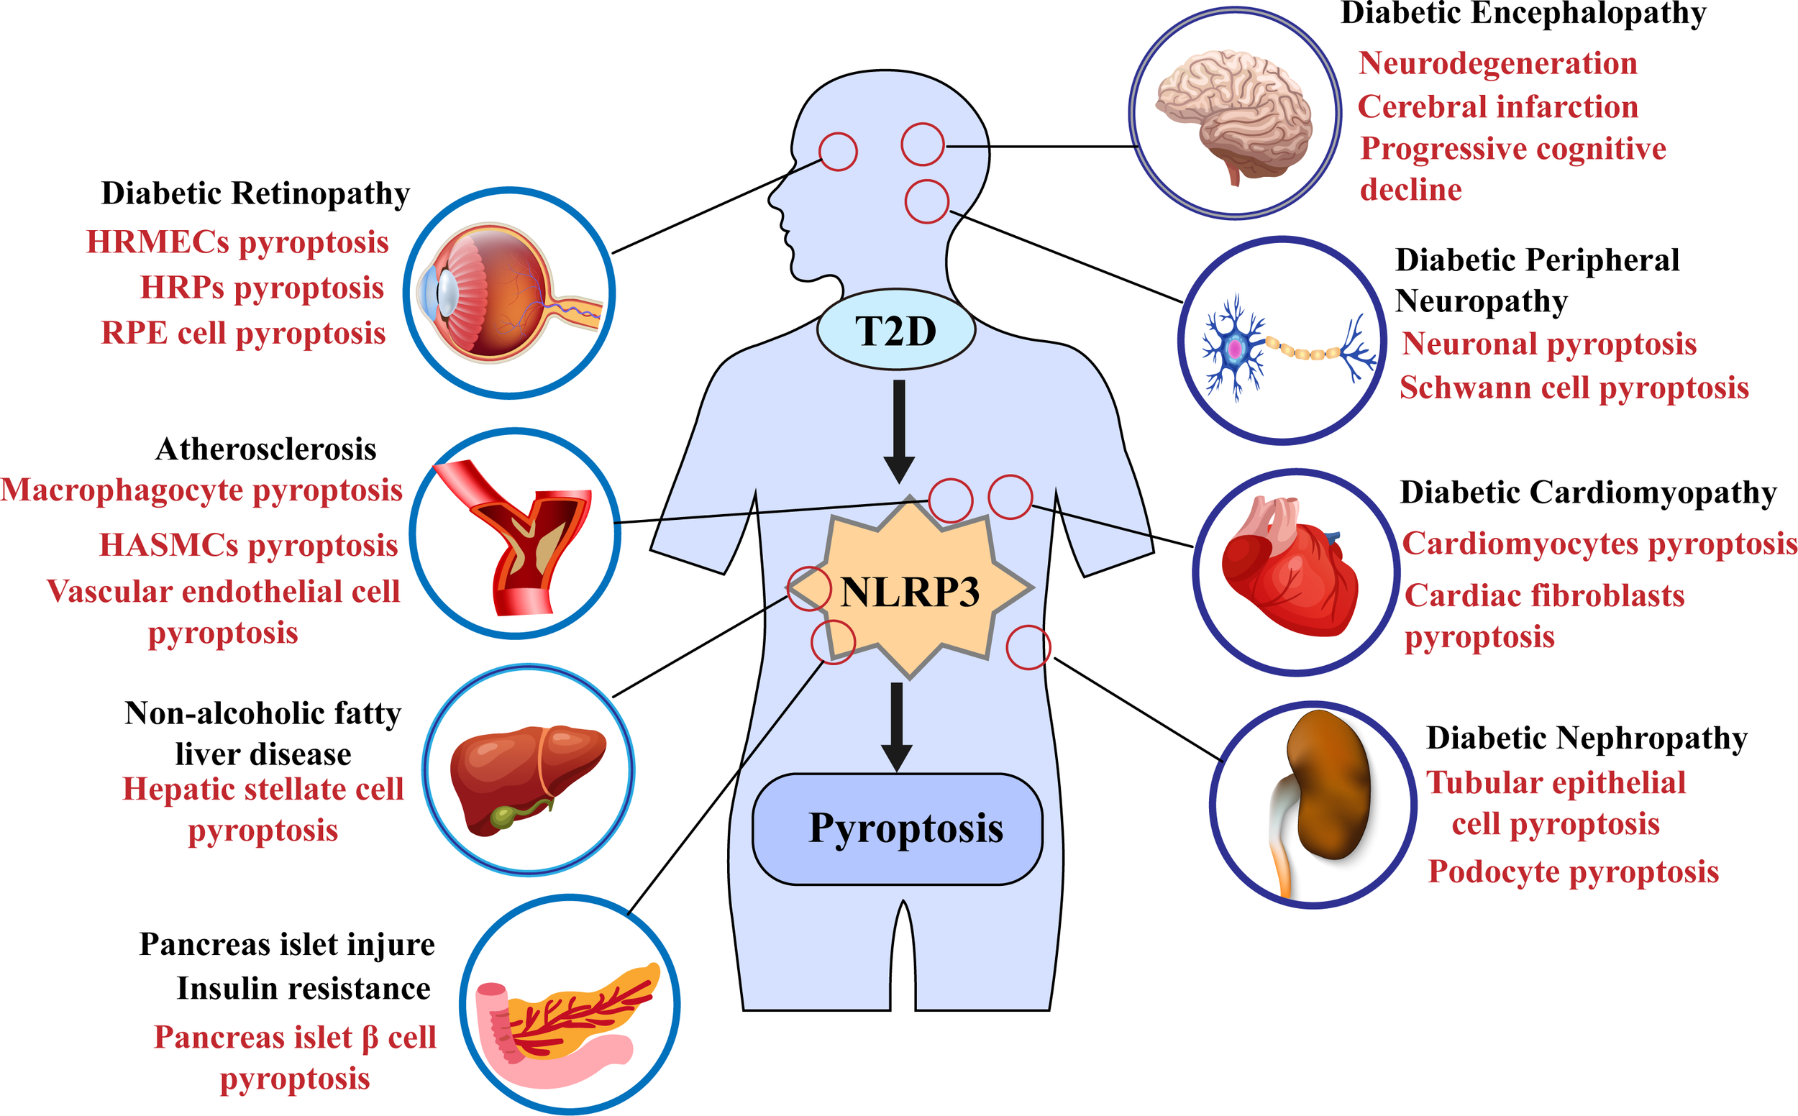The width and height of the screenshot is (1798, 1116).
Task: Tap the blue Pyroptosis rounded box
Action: pos(898,829)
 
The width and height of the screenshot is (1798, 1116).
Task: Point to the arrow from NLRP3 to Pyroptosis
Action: pos(897,726)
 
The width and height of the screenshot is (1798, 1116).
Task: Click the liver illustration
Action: pos(525,775)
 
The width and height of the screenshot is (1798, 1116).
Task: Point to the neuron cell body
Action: pos(1234,348)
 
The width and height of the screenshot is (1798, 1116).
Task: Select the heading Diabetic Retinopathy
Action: pos(255,193)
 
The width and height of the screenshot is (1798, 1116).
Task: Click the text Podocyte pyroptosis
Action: pos(1573,872)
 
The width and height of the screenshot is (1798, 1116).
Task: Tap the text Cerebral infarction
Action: pos(1497,107)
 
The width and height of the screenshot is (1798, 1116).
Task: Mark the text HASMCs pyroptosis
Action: pos(249,546)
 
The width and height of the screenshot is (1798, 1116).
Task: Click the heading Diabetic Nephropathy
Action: pos(1586,738)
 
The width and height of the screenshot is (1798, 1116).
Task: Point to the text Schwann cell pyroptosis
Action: pos(1574,388)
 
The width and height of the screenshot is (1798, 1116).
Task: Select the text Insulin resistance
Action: pos(304,989)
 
